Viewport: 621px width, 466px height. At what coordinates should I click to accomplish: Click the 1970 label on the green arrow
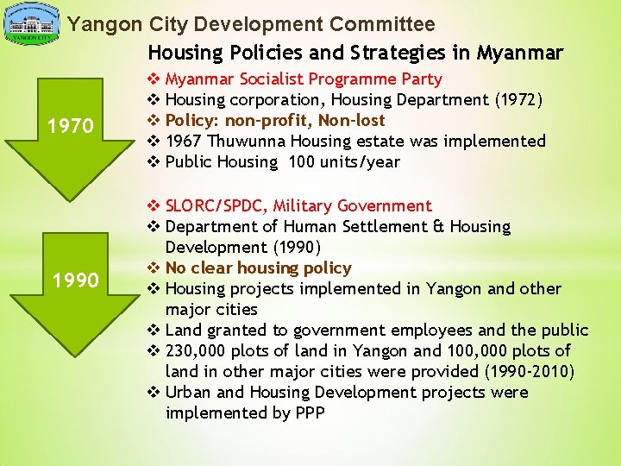coord(71,127)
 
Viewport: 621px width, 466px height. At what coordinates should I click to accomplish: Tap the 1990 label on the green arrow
coord(75,280)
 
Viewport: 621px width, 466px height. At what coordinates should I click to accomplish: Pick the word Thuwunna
coord(245,141)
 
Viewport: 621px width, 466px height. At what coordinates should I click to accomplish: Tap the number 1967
coord(185,141)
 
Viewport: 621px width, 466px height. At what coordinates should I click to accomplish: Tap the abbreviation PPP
coord(310,412)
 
